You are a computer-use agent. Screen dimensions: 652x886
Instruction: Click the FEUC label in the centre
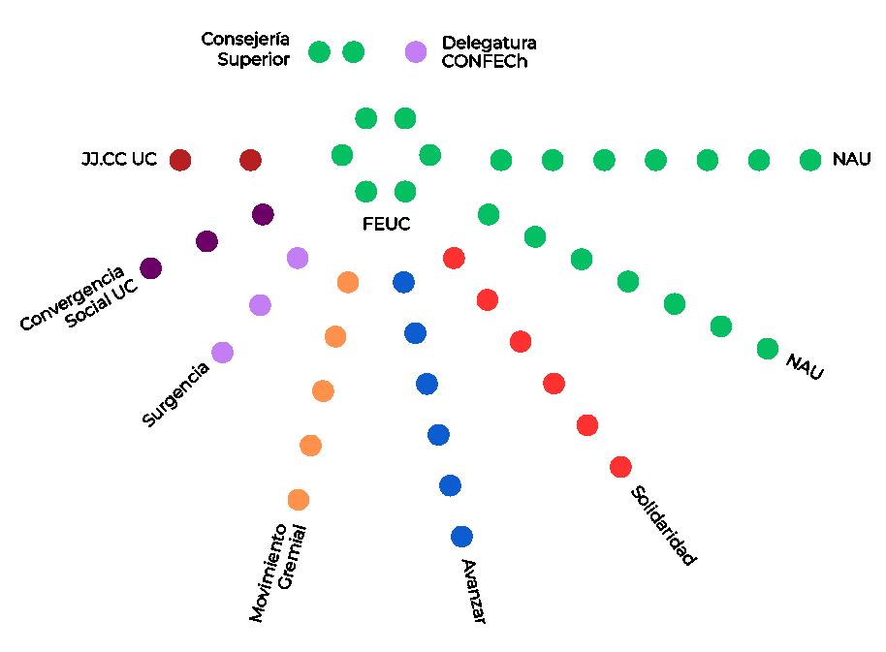[386, 224]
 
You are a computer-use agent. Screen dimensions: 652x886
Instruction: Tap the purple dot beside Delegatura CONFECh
[416, 51]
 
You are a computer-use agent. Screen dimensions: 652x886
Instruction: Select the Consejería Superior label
[245, 48]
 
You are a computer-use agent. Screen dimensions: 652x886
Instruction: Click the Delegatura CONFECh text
[489, 51]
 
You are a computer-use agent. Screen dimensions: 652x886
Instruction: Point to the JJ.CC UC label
[119, 160]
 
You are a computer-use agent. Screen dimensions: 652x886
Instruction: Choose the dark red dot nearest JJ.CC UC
[180, 160]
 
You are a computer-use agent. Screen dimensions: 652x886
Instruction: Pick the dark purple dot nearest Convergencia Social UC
[151, 267]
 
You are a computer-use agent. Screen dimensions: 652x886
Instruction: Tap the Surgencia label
[175, 394]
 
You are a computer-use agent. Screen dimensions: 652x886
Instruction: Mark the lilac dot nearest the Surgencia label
[222, 353]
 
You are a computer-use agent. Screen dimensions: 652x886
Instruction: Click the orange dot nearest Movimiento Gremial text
[299, 500]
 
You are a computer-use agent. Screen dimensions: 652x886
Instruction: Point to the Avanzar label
[472, 591]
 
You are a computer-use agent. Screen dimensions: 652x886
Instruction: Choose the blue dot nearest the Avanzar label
[461, 536]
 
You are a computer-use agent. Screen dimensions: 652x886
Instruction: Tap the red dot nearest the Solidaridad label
[620, 467]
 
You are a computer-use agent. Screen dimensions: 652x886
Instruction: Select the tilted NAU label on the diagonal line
[804, 367]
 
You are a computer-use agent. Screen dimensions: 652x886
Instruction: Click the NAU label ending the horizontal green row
[851, 160]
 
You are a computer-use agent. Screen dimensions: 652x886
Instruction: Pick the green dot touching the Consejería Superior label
[319, 51]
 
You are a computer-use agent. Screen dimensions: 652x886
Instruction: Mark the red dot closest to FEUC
[453, 258]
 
